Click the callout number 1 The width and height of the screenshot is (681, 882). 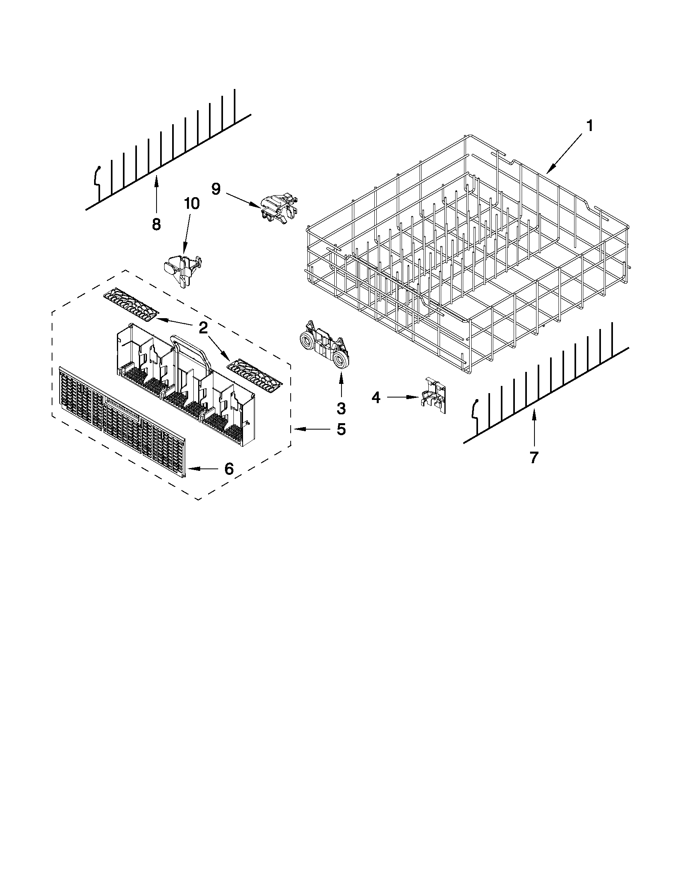[589, 126]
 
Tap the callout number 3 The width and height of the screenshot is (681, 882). [342, 408]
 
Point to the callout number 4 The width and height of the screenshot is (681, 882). [376, 398]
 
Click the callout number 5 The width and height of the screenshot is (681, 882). [342, 429]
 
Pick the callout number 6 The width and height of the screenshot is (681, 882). [229, 469]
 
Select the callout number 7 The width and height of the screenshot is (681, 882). [534, 458]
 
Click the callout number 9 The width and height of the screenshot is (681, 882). [216, 189]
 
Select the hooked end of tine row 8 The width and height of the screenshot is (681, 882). [97, 176]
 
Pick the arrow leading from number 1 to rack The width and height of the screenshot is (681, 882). [565, 151]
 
